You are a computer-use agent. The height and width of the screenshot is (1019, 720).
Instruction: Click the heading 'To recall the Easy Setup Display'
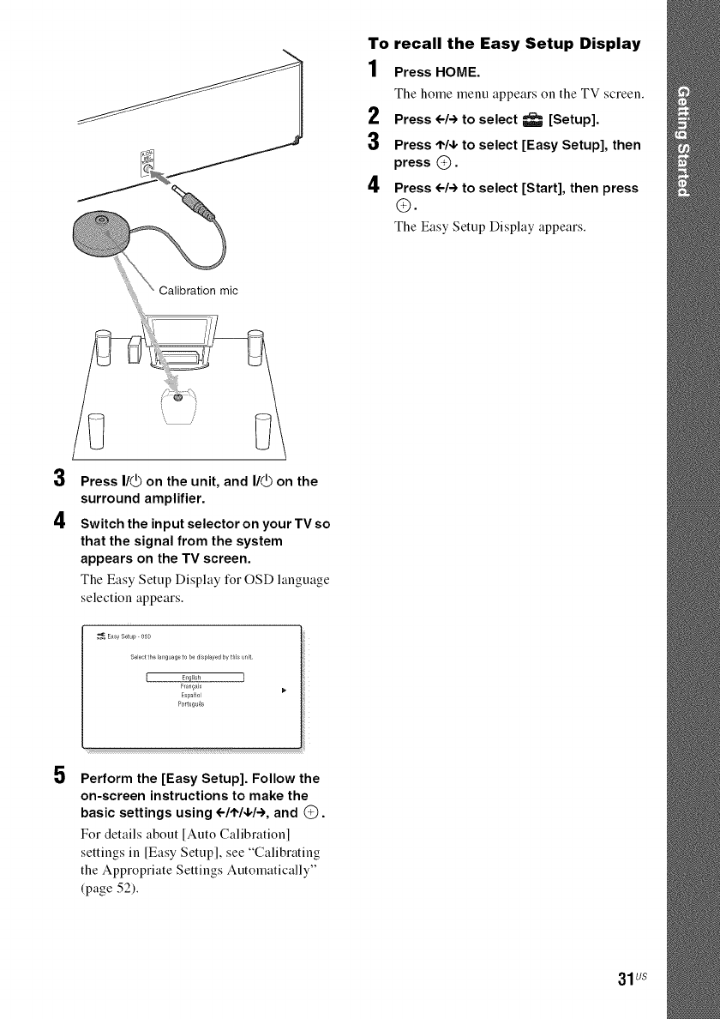tap(503, 42)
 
